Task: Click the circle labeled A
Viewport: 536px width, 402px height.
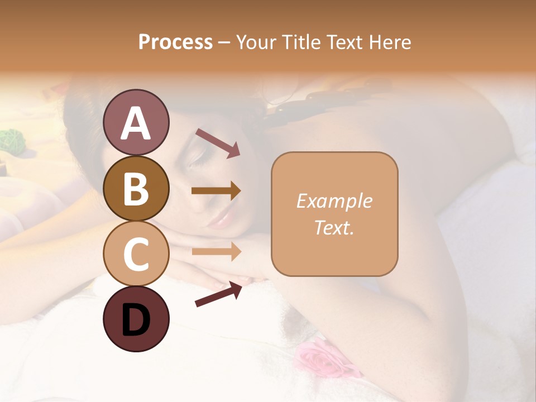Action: pos(136,122)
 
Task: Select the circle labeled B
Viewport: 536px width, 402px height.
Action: pos(136,188)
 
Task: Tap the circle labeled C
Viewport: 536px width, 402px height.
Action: pos(136,253)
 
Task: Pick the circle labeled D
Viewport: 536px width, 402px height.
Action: pos(136,319)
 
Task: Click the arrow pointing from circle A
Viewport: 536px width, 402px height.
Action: pos(217,142)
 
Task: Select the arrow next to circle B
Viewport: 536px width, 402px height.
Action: pos(216,191)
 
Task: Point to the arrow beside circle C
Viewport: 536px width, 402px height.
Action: pos(216,251)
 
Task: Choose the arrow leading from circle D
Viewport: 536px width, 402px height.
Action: pos(218,294)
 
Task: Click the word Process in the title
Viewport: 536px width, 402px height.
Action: pos(175,42)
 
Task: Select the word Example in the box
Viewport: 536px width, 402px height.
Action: pos(334,202)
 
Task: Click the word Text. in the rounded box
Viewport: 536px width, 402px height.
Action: pos(334,228)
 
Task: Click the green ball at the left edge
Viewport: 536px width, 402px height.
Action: pos(9,140)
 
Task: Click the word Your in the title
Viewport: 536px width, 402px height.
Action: pos(255,42)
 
